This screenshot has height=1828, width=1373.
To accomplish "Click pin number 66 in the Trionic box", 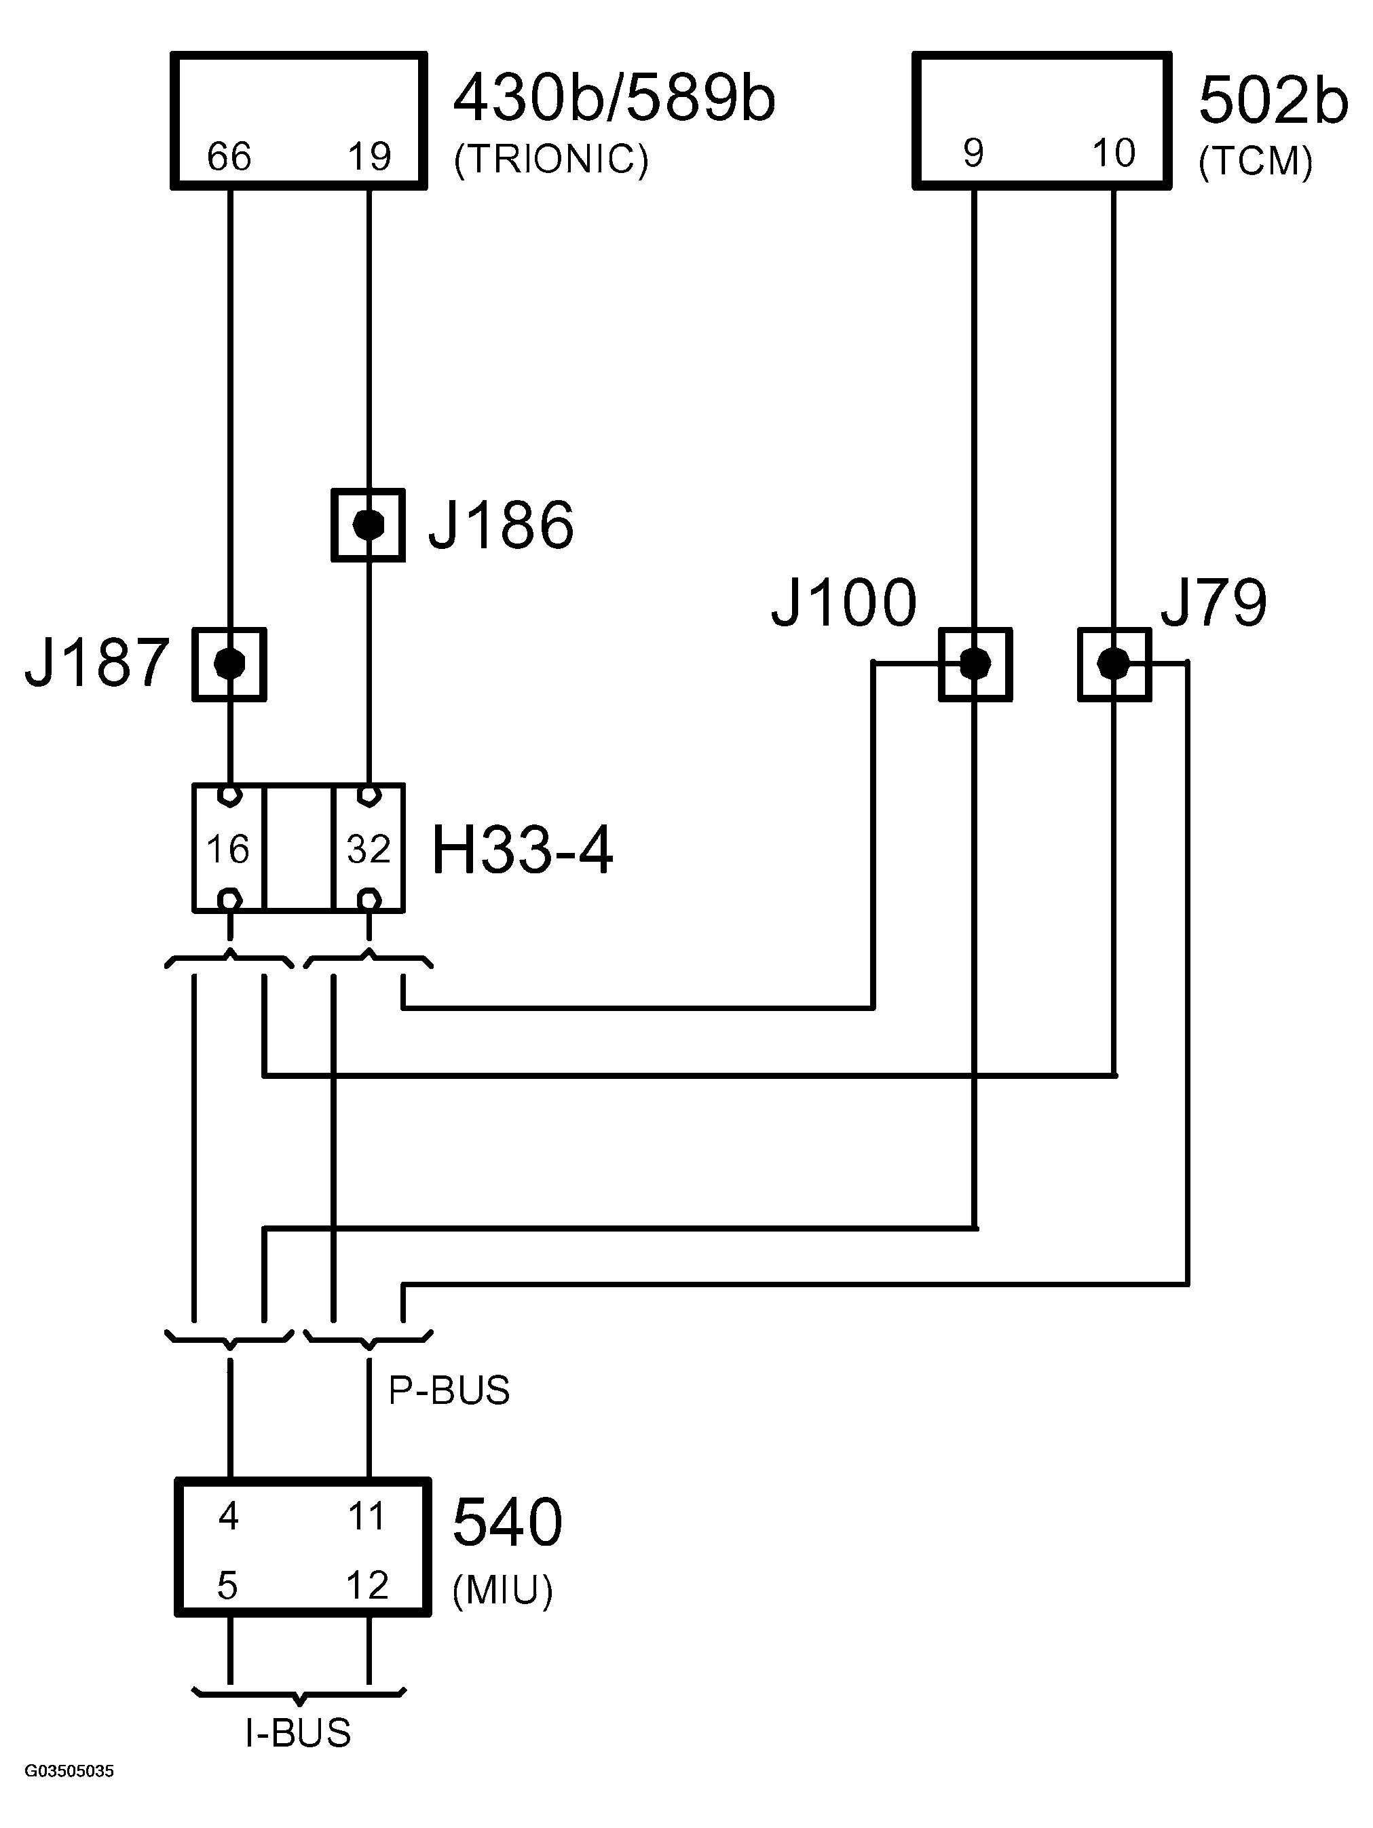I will tap(229, 156).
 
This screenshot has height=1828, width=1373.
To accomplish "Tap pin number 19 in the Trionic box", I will tap(369, 156).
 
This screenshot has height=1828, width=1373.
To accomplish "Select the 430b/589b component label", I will tap(614, 98).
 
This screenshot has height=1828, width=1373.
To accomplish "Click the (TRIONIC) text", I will tap(551, 159).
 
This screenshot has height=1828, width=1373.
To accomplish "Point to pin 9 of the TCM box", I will tap(974, 153).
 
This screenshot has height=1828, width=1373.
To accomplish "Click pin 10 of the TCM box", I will tap(1114, 153).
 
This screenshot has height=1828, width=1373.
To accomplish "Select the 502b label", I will tap(1273, 102).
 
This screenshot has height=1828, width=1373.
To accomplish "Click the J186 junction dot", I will tap(369, 525).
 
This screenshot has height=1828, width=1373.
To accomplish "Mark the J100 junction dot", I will tap(975, 664).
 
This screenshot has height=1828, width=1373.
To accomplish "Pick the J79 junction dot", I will tap(1114, 664).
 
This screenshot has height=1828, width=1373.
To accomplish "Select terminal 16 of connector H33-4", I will tap(228, 849).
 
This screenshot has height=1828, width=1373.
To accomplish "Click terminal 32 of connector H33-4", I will tap(369, 849).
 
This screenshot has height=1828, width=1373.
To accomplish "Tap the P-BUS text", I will tap(449, 1391).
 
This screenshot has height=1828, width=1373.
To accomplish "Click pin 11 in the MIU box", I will tap(366, 1517).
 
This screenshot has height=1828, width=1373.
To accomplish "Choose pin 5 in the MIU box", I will tap(227, 1586).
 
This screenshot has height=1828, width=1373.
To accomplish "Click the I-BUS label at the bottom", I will tap(299, 1733).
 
